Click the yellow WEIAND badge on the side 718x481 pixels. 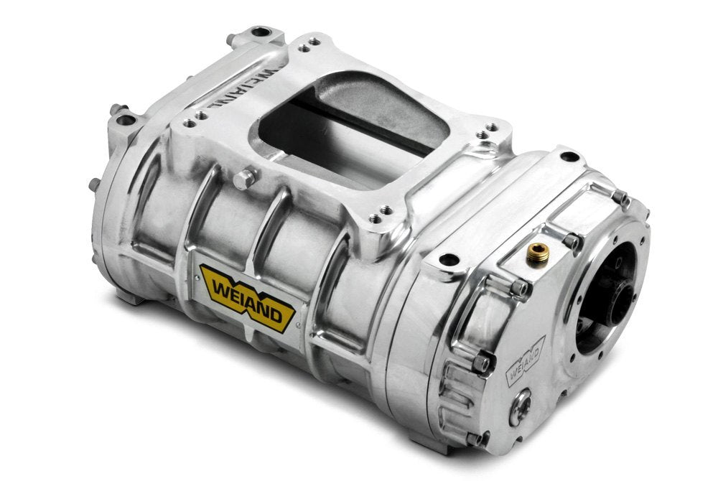point(248,297)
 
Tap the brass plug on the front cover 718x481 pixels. point(536,254)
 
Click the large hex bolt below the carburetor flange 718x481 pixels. point(245,179)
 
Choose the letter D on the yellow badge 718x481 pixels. point(275,315)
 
